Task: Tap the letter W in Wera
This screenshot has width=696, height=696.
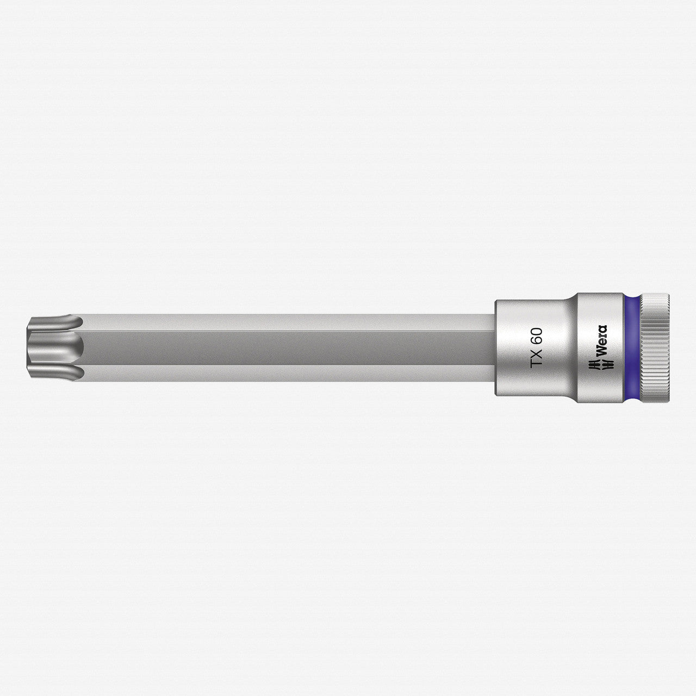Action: click(x=601, y=353)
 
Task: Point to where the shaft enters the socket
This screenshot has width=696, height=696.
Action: click(x=495, y=348)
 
